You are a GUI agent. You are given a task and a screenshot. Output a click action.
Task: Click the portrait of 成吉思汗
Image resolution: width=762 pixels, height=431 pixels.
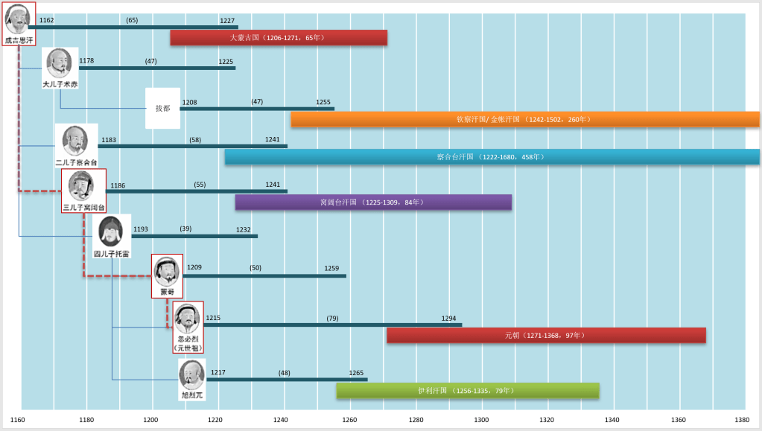click(x=19, y=19)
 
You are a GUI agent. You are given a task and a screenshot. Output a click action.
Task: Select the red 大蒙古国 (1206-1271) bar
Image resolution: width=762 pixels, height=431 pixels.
click(x=278, y=37)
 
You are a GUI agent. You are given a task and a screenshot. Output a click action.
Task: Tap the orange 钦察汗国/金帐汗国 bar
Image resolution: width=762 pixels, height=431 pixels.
click(x=525, y=119)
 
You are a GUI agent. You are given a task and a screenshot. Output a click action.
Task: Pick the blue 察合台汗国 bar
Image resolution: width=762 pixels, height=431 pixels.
click(x=492, y=157)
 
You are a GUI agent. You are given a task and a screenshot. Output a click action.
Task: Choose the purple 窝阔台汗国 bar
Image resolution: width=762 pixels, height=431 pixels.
click(x=373, y=202)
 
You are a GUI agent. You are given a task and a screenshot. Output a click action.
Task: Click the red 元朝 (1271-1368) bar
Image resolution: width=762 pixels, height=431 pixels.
click(x=545, y=336)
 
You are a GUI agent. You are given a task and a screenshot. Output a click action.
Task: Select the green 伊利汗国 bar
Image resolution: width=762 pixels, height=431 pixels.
click(x=467, y=391)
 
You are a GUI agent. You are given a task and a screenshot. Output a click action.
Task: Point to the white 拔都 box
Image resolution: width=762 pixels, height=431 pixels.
click(x=162, y=109)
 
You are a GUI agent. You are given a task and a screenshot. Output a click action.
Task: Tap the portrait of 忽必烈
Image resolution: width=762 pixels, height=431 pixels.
click(x=188, y=320)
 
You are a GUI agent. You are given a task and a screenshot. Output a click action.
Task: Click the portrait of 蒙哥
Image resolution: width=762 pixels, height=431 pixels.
click(x=167, y=272)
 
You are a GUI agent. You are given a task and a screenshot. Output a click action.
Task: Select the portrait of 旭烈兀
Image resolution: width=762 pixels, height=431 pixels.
click(x=191, y=376)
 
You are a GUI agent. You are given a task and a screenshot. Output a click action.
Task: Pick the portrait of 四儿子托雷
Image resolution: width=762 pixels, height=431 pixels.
click(x=110, y=232)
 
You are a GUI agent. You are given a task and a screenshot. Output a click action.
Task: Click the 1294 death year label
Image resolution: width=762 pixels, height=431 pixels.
click(x=448, y=319)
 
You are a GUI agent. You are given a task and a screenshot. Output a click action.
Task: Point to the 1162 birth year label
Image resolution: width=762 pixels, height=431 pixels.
click(x=46, y=21)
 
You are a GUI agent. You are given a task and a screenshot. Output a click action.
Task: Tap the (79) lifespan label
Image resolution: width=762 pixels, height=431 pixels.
click(x=332, y=319)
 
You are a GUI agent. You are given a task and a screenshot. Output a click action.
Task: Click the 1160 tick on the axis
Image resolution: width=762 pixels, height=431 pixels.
click(x=18, y=420)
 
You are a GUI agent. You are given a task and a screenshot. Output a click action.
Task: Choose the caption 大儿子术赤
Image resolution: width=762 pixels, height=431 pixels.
click(x=60, y=85)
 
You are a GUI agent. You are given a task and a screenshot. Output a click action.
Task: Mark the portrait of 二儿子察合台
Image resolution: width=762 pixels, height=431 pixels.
click(x=76, y=141)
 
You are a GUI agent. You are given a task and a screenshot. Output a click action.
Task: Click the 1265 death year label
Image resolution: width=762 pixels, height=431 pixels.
click(x=356, y=373)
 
